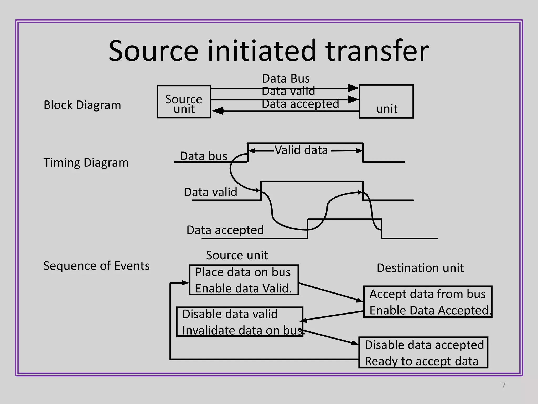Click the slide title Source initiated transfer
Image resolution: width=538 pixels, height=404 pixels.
[269, 50]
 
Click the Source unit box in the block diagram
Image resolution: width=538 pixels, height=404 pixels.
[184, 102]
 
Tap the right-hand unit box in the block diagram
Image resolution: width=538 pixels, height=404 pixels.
[386, 102]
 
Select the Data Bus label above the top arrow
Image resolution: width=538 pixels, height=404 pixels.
[286, 79]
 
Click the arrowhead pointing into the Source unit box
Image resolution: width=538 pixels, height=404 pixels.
[218, 111]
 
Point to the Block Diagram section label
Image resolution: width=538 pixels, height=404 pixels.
[82, 105]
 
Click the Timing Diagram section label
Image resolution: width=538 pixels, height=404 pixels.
[86, 163]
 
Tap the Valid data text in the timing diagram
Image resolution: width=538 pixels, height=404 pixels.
[301, 150]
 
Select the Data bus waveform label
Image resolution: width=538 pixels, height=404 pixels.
[203, 156]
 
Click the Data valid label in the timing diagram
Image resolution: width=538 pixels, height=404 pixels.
[210, 192]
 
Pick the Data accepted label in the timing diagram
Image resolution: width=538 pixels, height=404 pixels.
[225, 230]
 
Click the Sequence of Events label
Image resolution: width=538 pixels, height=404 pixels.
[96, 266]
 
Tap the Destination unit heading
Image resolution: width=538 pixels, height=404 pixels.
[420, 268]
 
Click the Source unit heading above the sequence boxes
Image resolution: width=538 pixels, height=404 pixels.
[237, 255]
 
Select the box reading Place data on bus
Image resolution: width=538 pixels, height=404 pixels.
[244, 280]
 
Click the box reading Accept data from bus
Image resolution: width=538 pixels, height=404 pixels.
[427, 302]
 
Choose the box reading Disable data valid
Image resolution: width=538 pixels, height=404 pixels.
[240, 322]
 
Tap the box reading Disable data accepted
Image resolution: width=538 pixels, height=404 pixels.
[423, 352]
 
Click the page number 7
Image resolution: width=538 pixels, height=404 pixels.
[503, 386]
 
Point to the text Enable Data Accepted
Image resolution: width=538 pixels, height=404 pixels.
[430, 310]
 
